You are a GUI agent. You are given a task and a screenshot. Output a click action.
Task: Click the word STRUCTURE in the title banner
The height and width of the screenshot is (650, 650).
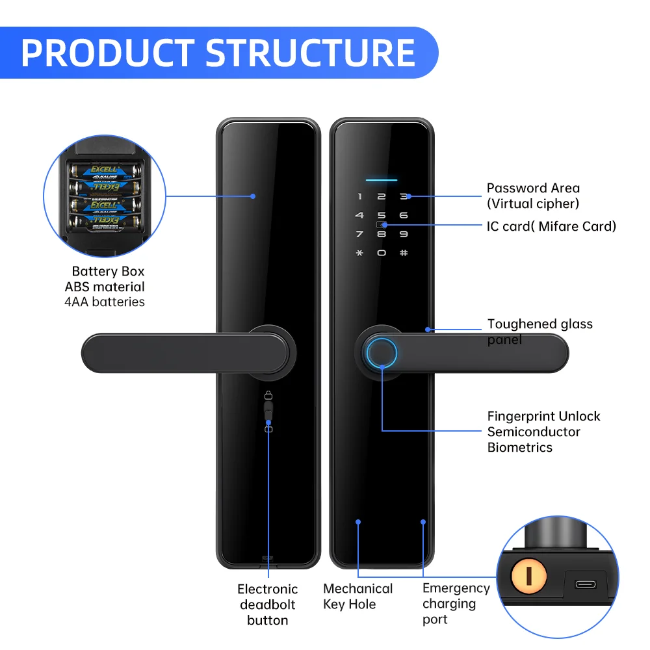click(311, 53)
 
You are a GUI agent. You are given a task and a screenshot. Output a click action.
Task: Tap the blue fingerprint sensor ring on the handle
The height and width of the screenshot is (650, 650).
click(382, 353)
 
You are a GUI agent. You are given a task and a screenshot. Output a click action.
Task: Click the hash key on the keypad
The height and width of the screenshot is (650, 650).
click(404, 252)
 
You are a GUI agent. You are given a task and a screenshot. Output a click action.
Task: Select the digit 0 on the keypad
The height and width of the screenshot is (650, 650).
click(382, 252)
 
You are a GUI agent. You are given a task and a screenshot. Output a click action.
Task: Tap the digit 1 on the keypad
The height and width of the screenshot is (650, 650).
click(359, 196)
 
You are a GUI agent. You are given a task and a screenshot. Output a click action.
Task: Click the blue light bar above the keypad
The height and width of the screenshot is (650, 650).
click(382, 179)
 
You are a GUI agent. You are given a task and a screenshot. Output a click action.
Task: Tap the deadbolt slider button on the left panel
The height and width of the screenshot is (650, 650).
click(268, 412)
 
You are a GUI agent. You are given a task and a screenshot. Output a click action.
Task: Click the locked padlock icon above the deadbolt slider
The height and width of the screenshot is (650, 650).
click(268, 395)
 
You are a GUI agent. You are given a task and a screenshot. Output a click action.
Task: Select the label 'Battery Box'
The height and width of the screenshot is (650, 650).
click(108, 271)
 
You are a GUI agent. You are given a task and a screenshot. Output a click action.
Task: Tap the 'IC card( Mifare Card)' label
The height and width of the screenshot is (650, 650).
click(551, 226)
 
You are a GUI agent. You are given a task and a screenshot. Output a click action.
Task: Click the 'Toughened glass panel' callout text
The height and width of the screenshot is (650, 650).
click(539, 331)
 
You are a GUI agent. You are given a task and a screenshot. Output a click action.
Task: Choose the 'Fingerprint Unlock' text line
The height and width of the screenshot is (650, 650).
click(543, 416)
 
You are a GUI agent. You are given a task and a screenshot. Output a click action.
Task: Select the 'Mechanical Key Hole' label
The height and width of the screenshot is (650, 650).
click(357, 596)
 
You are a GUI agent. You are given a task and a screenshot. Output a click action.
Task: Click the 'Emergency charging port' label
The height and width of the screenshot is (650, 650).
click(456, 603)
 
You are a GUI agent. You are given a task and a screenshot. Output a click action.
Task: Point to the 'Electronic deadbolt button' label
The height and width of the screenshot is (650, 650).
click(267, 604)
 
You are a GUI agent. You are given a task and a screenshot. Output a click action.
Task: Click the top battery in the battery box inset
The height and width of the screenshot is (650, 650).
click(106, 172)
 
